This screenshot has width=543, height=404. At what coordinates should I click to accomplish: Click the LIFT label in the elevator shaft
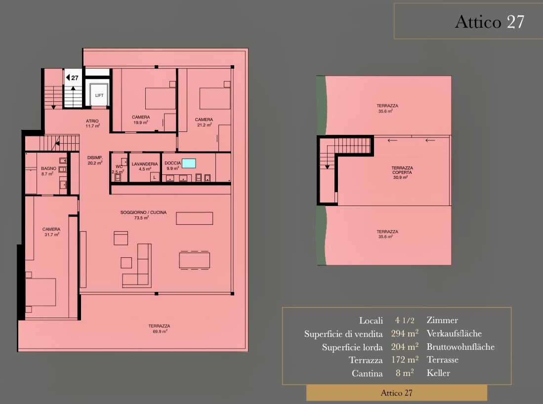(99, 95)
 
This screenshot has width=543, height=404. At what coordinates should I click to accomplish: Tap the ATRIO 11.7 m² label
(92, 123)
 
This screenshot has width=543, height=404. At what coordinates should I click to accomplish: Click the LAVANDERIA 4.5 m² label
(145, 166)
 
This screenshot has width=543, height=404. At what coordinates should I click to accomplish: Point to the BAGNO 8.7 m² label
(48, 171)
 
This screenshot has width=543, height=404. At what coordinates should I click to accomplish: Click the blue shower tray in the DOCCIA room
(189, 163)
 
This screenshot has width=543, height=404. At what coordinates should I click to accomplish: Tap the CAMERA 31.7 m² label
(51, 232)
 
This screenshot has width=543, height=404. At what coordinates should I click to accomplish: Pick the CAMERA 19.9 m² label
(141, 120)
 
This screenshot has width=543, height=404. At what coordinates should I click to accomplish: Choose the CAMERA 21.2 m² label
(204, 122)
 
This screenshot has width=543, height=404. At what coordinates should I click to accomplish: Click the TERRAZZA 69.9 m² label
(159, 328)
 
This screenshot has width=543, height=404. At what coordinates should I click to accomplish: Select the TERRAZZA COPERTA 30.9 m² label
(402, 172)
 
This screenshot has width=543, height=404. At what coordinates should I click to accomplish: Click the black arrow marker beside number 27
(68, 78)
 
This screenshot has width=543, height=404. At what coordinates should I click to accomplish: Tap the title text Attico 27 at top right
(489, 22)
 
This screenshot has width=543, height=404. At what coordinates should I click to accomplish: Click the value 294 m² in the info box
(405, 333)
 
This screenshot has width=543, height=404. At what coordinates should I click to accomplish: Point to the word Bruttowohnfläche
(460, 347)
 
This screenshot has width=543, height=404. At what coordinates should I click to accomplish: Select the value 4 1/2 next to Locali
(405, 320)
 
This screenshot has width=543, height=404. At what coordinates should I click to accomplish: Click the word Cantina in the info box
(367, 373)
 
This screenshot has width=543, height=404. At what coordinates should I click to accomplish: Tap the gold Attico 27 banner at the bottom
(397, 393)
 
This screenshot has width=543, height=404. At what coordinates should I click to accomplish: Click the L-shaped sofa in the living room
(137, 265)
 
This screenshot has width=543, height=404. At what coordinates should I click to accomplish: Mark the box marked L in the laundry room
(155, 177)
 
